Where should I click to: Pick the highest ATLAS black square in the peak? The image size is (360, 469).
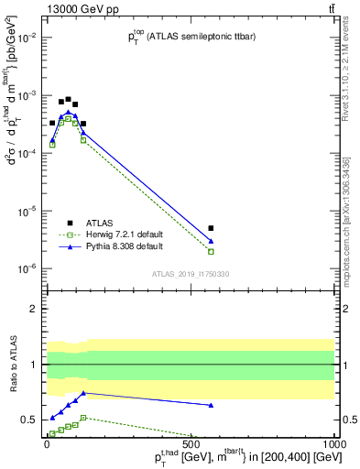pyautogui.click(x=68, y=99)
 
